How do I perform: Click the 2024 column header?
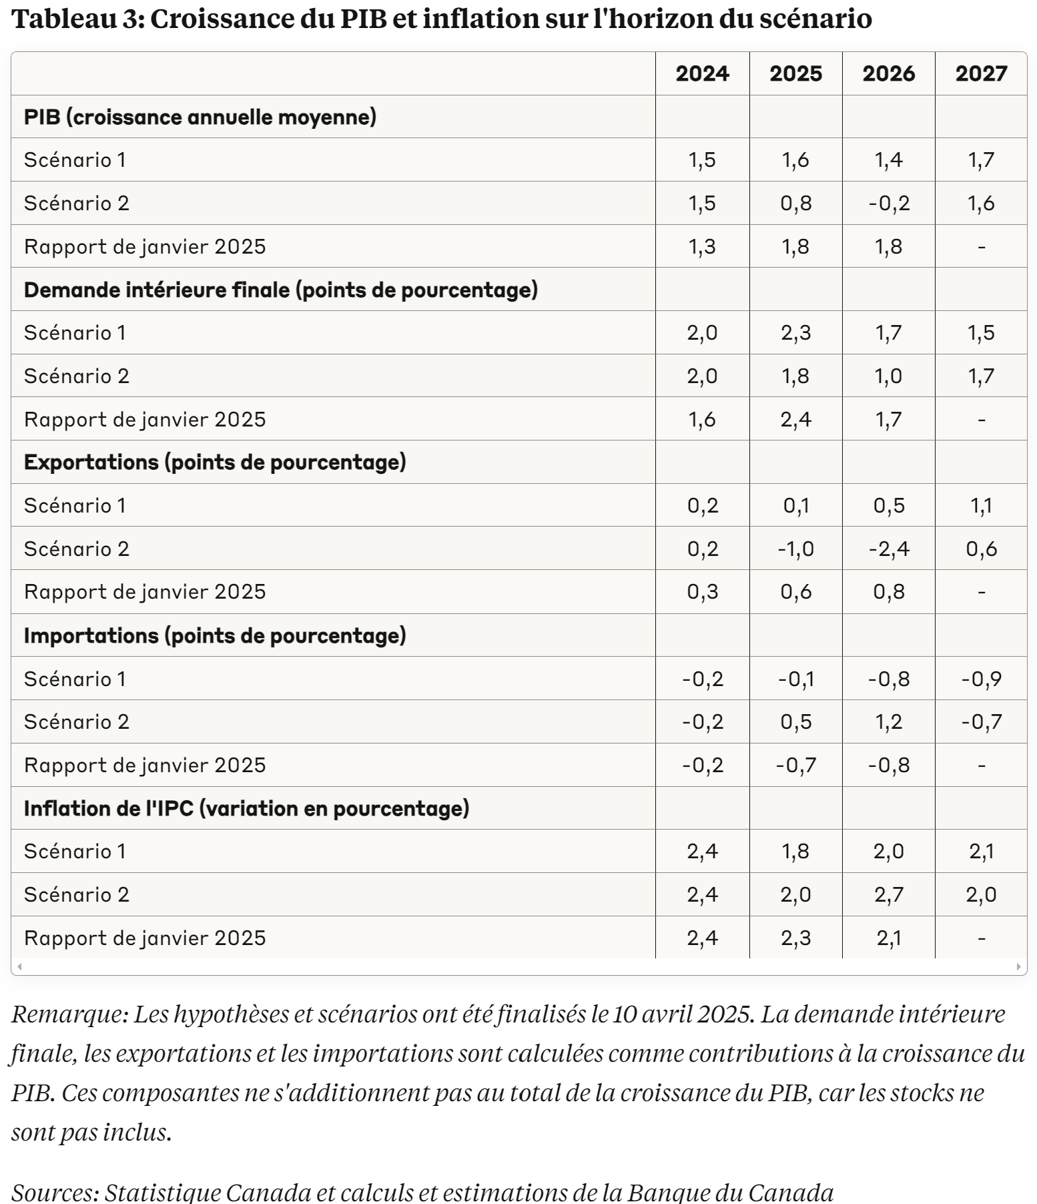click(702, 73)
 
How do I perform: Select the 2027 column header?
click(981, 73)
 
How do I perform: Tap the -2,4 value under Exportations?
click(889, 549)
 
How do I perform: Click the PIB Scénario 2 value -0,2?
click(889, 203)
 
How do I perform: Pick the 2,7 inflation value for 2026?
click(889, 894)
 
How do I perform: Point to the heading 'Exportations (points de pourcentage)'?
click(215, 463)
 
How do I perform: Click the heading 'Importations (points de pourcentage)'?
click(215, 635)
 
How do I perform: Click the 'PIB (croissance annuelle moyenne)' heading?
click(200, 117)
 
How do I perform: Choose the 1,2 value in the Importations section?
click(889, 721)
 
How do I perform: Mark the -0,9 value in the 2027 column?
click(981, 679)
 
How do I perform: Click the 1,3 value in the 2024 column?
click(702, 246)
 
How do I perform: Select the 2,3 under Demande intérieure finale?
click(795, 332)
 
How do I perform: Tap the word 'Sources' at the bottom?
click(54, 1192)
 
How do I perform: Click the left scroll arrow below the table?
click(19, 966)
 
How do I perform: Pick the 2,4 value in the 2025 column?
click(795, 419)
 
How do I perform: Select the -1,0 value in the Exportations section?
click(795, 549)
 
